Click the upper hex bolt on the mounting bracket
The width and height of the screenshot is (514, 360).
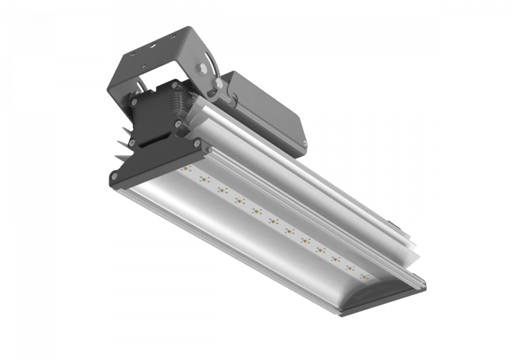[202, 69]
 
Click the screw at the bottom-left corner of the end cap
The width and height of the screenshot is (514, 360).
[114, 179]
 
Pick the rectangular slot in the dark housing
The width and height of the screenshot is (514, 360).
[152, 139]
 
